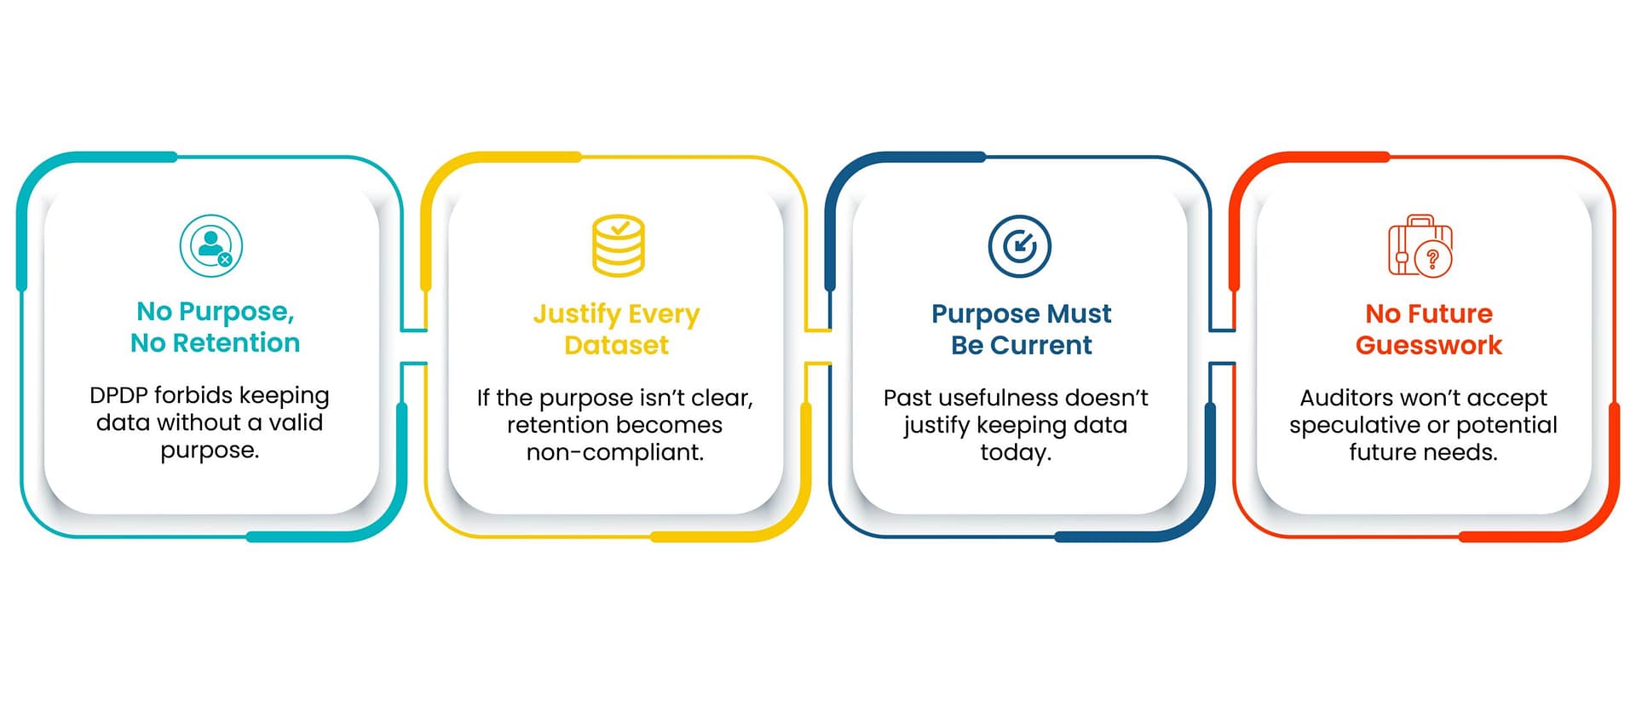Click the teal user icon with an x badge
(x=211, y=245)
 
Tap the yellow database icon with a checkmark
(x=619, y=245)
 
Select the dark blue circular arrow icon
(x=1020, y=246)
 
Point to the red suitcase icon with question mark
(x=1420, y=245)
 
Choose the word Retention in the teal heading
(x=236, y=342)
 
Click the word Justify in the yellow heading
(x=577, y=314)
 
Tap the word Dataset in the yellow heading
(x=616, y=345)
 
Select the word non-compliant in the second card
(x=615, y=451)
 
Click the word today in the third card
(x=1015, y=452)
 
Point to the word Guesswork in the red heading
(x=1429, y=345)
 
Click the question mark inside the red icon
(x=1432, y=258)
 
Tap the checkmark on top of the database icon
(x=620, y=228)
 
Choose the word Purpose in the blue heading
(x=985, y=314)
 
